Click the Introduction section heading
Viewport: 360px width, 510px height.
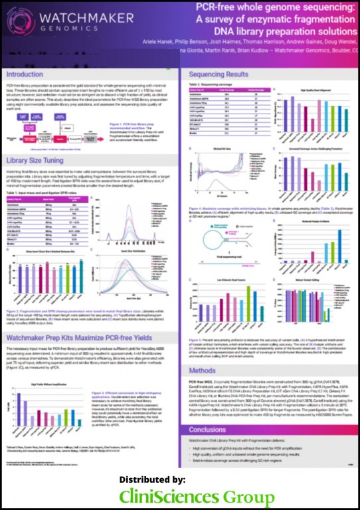(x=24, y=75)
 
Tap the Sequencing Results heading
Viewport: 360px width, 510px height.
(x=221, y=75)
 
